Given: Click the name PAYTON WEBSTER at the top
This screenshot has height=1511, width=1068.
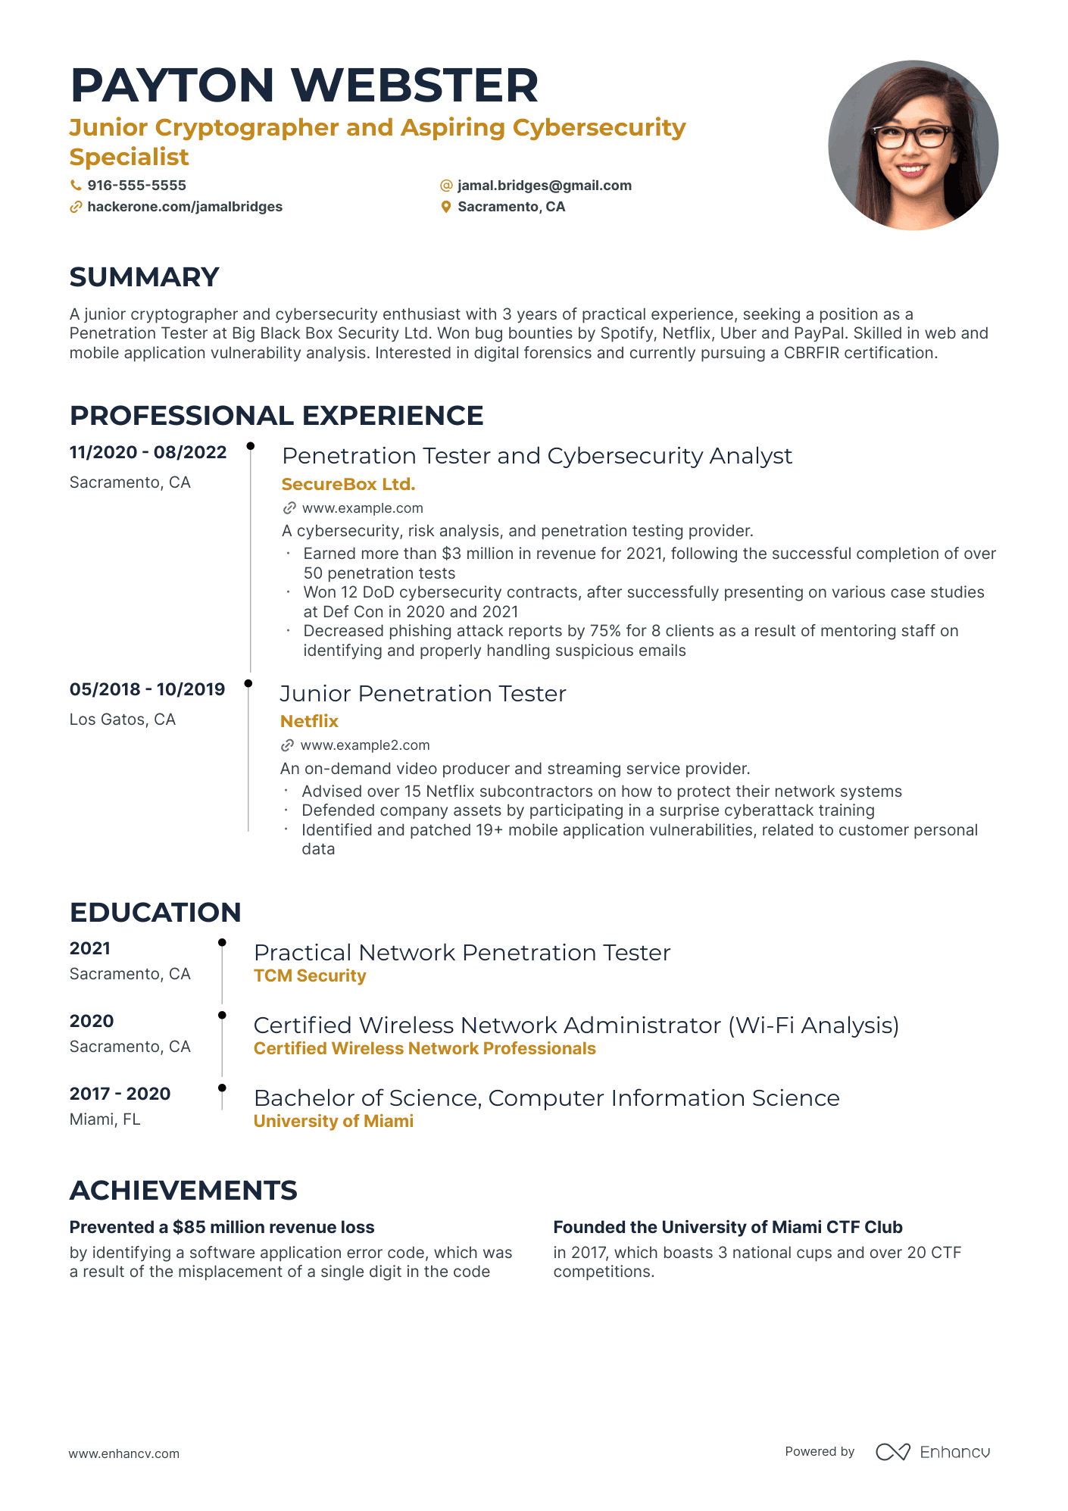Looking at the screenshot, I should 304,85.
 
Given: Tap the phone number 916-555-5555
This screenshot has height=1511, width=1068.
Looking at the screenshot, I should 136,186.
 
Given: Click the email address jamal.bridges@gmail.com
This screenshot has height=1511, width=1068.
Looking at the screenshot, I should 544,186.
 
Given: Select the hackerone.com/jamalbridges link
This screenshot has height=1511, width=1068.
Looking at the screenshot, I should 185,207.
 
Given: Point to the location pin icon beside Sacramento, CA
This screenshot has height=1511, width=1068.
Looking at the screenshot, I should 446,207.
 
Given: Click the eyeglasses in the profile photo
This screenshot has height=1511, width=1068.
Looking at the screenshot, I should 912,137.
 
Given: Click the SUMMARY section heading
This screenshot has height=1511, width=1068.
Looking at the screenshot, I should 144,277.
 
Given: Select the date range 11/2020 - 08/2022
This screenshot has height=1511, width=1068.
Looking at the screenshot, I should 148,452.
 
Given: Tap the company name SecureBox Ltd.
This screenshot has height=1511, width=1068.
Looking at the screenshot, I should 348,484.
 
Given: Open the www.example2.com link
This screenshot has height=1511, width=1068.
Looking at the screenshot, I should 364,745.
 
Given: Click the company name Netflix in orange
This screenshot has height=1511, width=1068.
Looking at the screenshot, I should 309,721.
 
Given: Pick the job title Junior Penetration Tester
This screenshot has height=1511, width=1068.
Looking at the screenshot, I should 423,694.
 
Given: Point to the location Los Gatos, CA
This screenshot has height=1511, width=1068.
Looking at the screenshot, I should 123,720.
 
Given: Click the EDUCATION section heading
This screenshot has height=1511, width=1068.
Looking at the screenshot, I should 155,913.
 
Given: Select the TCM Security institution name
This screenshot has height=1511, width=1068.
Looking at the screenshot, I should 310,976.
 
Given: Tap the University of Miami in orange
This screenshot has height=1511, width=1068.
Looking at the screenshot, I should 333,1121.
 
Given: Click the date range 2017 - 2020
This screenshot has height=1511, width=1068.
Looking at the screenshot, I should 120,1094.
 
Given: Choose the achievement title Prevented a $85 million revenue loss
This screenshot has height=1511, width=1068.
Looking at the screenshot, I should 222,1227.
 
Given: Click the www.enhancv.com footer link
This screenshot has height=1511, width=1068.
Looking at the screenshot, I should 124,1453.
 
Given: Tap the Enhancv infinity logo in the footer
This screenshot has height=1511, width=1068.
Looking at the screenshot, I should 892,1452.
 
